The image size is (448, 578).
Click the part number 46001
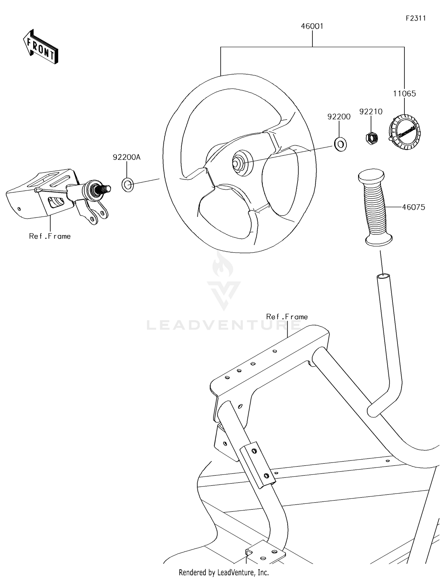pos(312,26)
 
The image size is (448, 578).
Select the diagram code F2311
pos(415,18)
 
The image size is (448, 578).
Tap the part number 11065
pos(404,94)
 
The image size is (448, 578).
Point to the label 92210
pos(371,112)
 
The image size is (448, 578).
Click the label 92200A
pos(126,157)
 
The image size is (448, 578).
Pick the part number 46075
pos(413,207)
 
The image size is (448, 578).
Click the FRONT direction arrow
pos(41,47)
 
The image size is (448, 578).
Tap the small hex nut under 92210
pos(372,138)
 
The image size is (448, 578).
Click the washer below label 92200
pos(340,144)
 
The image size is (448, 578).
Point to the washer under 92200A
pos(128,185)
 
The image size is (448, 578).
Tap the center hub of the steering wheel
pos(240,163)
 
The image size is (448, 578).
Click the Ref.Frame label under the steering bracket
pos(50,236)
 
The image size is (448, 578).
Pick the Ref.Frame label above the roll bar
pos(287,317)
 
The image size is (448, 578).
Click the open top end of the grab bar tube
pos(383,276)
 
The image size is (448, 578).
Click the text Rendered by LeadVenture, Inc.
pos(224,572)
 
